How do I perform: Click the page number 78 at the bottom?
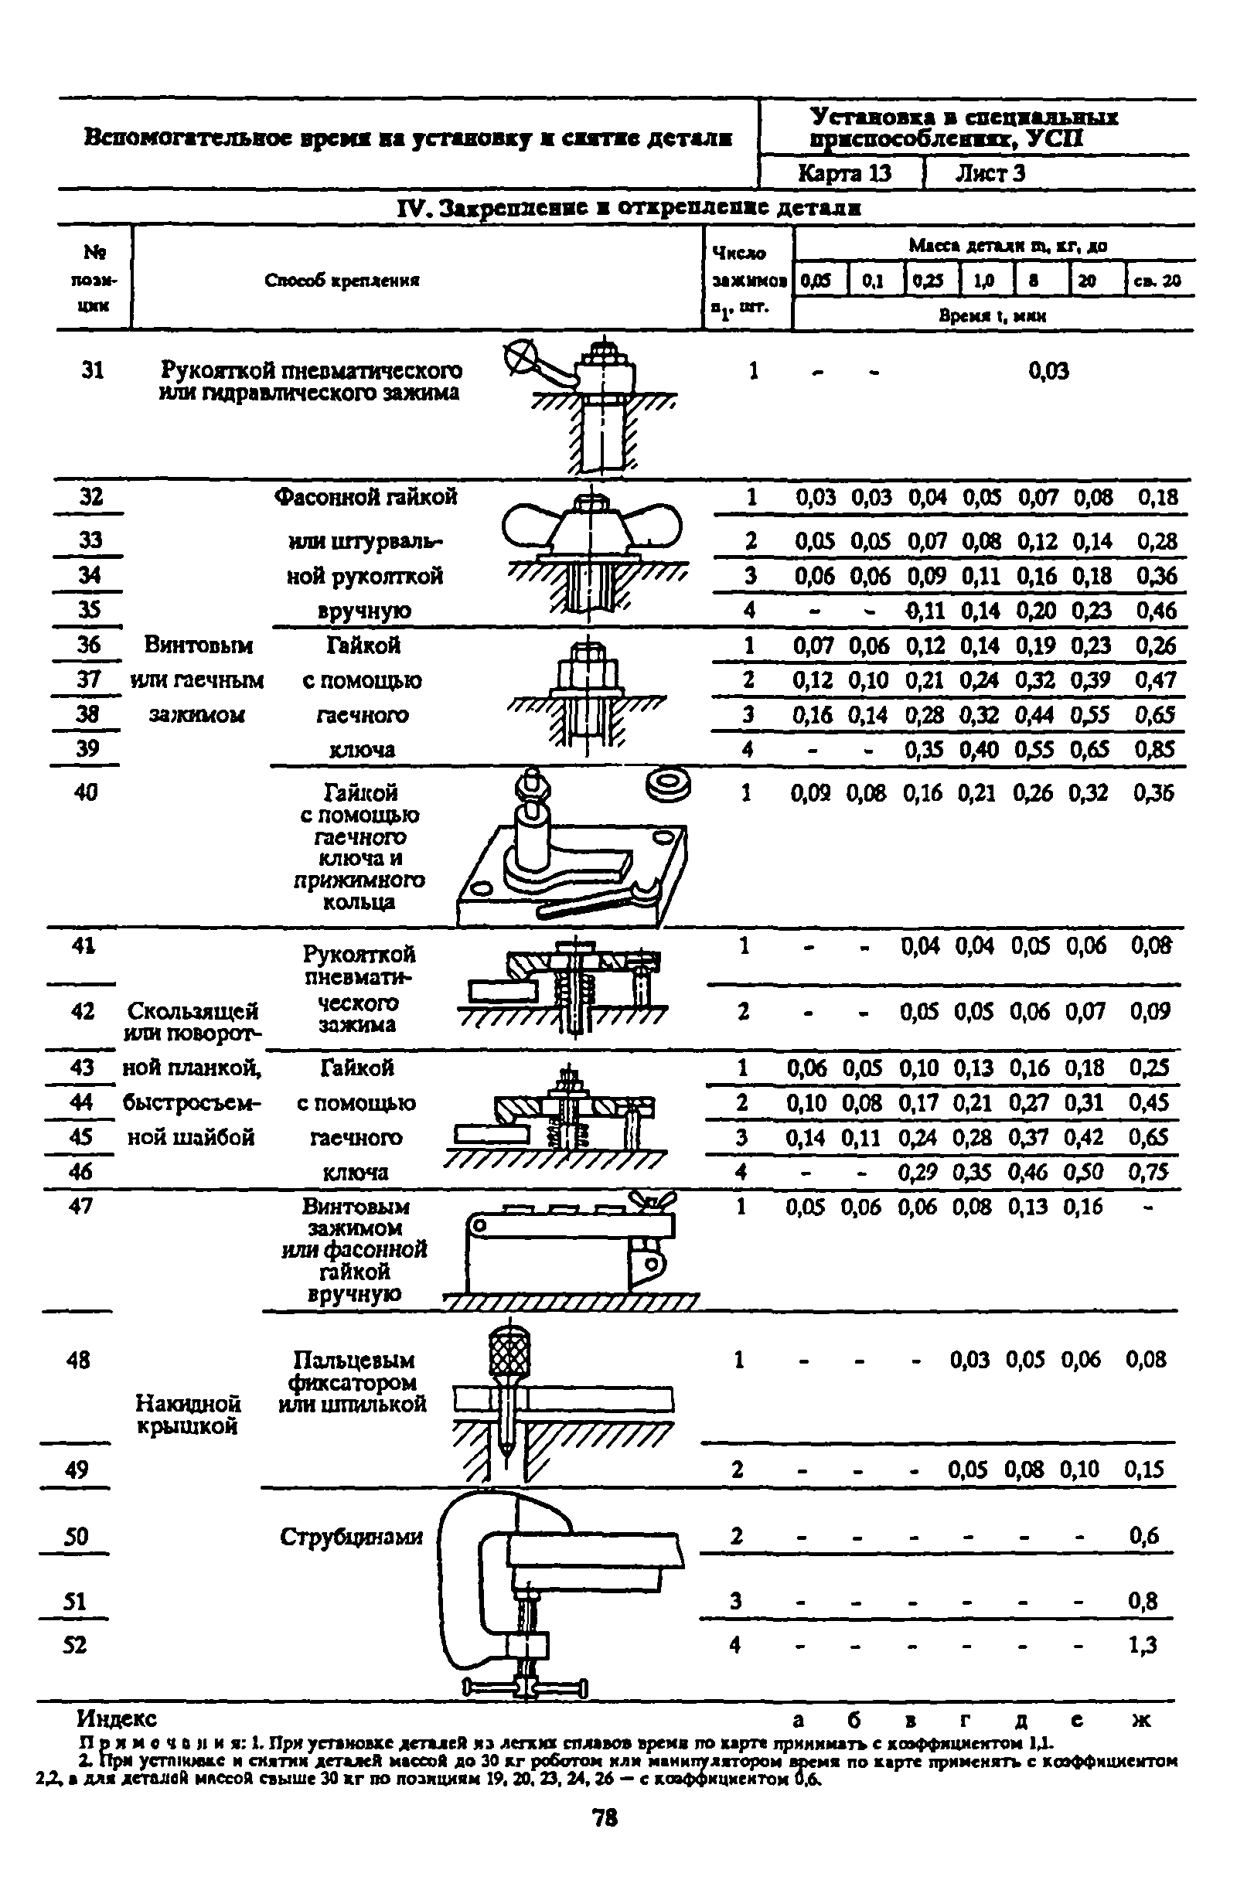[605, 1819]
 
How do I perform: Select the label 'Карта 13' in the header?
[844, 173]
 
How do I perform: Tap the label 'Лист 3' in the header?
[990, 173]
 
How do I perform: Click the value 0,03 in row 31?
[1048, 370]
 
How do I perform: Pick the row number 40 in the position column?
[86, 792]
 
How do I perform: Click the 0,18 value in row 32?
[1157, 497]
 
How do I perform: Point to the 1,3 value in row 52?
[1143, 1645]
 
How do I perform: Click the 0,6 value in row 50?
[1143, 1535]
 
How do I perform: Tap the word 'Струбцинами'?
[351, 1536]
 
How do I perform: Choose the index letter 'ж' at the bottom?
[1142, 1719]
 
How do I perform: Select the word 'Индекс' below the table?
[117, 1718]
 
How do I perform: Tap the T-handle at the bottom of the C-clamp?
[526, 1687]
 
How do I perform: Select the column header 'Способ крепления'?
[342, 280]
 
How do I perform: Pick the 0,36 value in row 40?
[1153, 792]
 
